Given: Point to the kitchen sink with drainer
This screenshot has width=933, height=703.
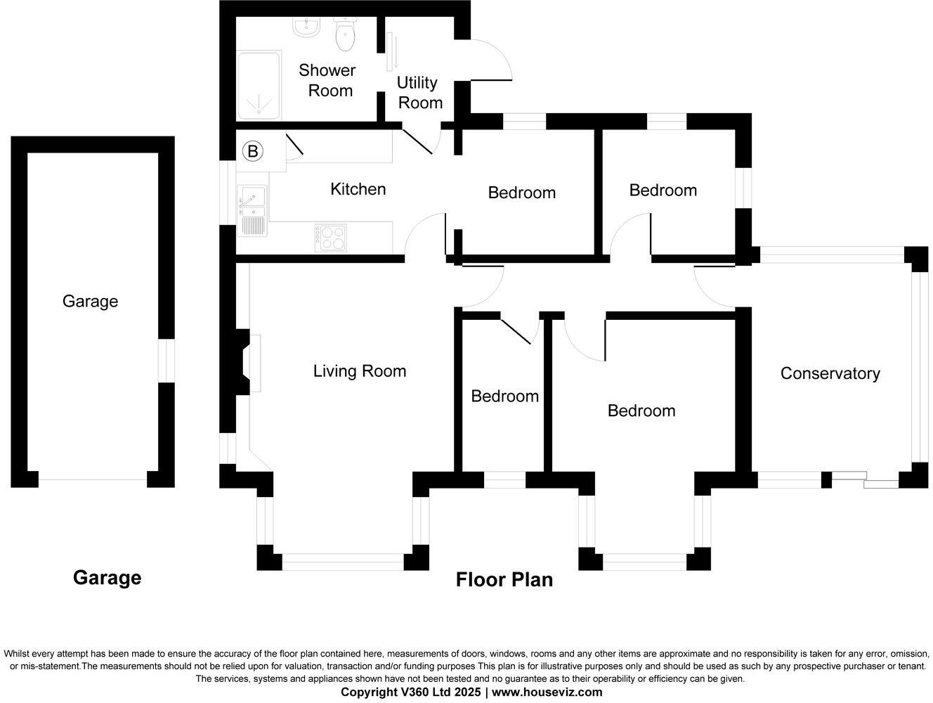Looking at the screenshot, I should (x=252, y=209).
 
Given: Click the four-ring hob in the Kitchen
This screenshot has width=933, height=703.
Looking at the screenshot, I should (x=330, y=237).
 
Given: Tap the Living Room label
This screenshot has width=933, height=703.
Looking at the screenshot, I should (x=360, y=370).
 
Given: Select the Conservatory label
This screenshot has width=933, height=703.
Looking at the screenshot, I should (x=830, y=373).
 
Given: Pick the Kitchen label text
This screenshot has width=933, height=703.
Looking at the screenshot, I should (x=358, y=189).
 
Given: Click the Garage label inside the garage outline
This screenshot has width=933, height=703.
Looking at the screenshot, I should (x=90, y=301).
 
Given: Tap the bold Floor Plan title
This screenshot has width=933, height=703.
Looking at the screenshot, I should (x=504, y=579).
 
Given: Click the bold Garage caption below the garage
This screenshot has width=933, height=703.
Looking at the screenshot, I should (x=107, y=577).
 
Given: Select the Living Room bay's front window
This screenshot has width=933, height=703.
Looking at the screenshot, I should (x=343, y=561).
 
